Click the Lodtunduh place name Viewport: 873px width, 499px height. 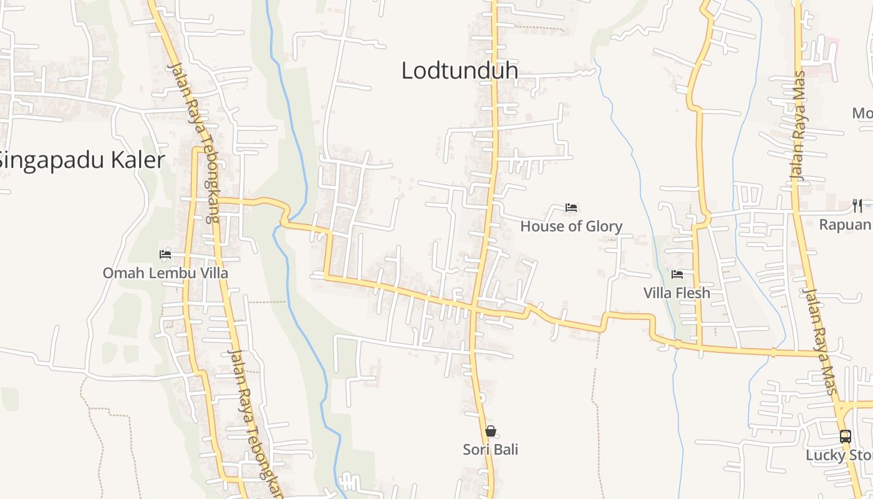tap(460, 70)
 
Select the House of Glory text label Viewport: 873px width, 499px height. tap(571, 226)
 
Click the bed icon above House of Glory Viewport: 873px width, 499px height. tap(571, 208)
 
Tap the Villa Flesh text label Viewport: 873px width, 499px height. tap(677, 293)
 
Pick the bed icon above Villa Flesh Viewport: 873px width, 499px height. tap(677, 274)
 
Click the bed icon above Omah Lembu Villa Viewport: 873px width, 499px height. tap(165, 254)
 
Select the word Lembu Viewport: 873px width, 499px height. tap(165, 273)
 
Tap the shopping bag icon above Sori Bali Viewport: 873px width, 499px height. tap(491, 431)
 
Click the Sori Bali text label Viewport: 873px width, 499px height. tap(491, 450)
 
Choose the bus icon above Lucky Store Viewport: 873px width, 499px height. tap(846, 437)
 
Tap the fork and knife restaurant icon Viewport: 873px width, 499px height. tap(857, 206)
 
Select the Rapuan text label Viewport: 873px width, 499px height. tap(845, 225)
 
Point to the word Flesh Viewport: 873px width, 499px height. tap(692, 293)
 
